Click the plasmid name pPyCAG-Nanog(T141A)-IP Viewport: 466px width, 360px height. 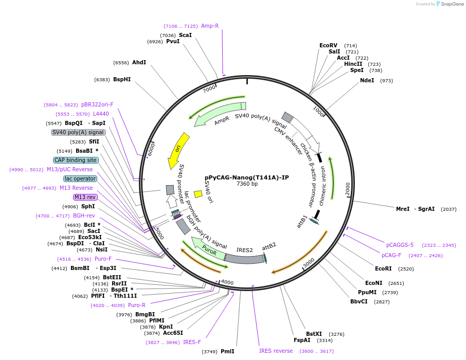(246, 177)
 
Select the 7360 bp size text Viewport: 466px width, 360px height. (247, 184)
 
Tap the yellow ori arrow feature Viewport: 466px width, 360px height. (178, 150)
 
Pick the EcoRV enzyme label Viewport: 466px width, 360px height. (328, 45)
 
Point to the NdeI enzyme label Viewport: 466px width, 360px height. (367, 80)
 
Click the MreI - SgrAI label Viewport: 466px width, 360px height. (415, 209)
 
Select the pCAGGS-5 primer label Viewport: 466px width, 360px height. (400, 245)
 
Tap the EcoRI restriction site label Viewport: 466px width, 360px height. (383, 268)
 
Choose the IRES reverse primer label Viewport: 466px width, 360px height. (276, 351)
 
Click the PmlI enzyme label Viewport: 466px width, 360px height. (227, 351)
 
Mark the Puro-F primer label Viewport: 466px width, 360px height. (103, 259)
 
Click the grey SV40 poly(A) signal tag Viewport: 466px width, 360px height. (78, 132)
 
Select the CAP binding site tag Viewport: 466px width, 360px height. (76, 160)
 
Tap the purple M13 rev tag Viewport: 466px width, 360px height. (85, 197)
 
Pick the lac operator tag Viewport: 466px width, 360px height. (80, 178)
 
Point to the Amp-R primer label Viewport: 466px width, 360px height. (210, 26)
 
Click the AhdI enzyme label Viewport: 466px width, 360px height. (139, 62)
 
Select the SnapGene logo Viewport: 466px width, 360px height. (447, 4)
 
